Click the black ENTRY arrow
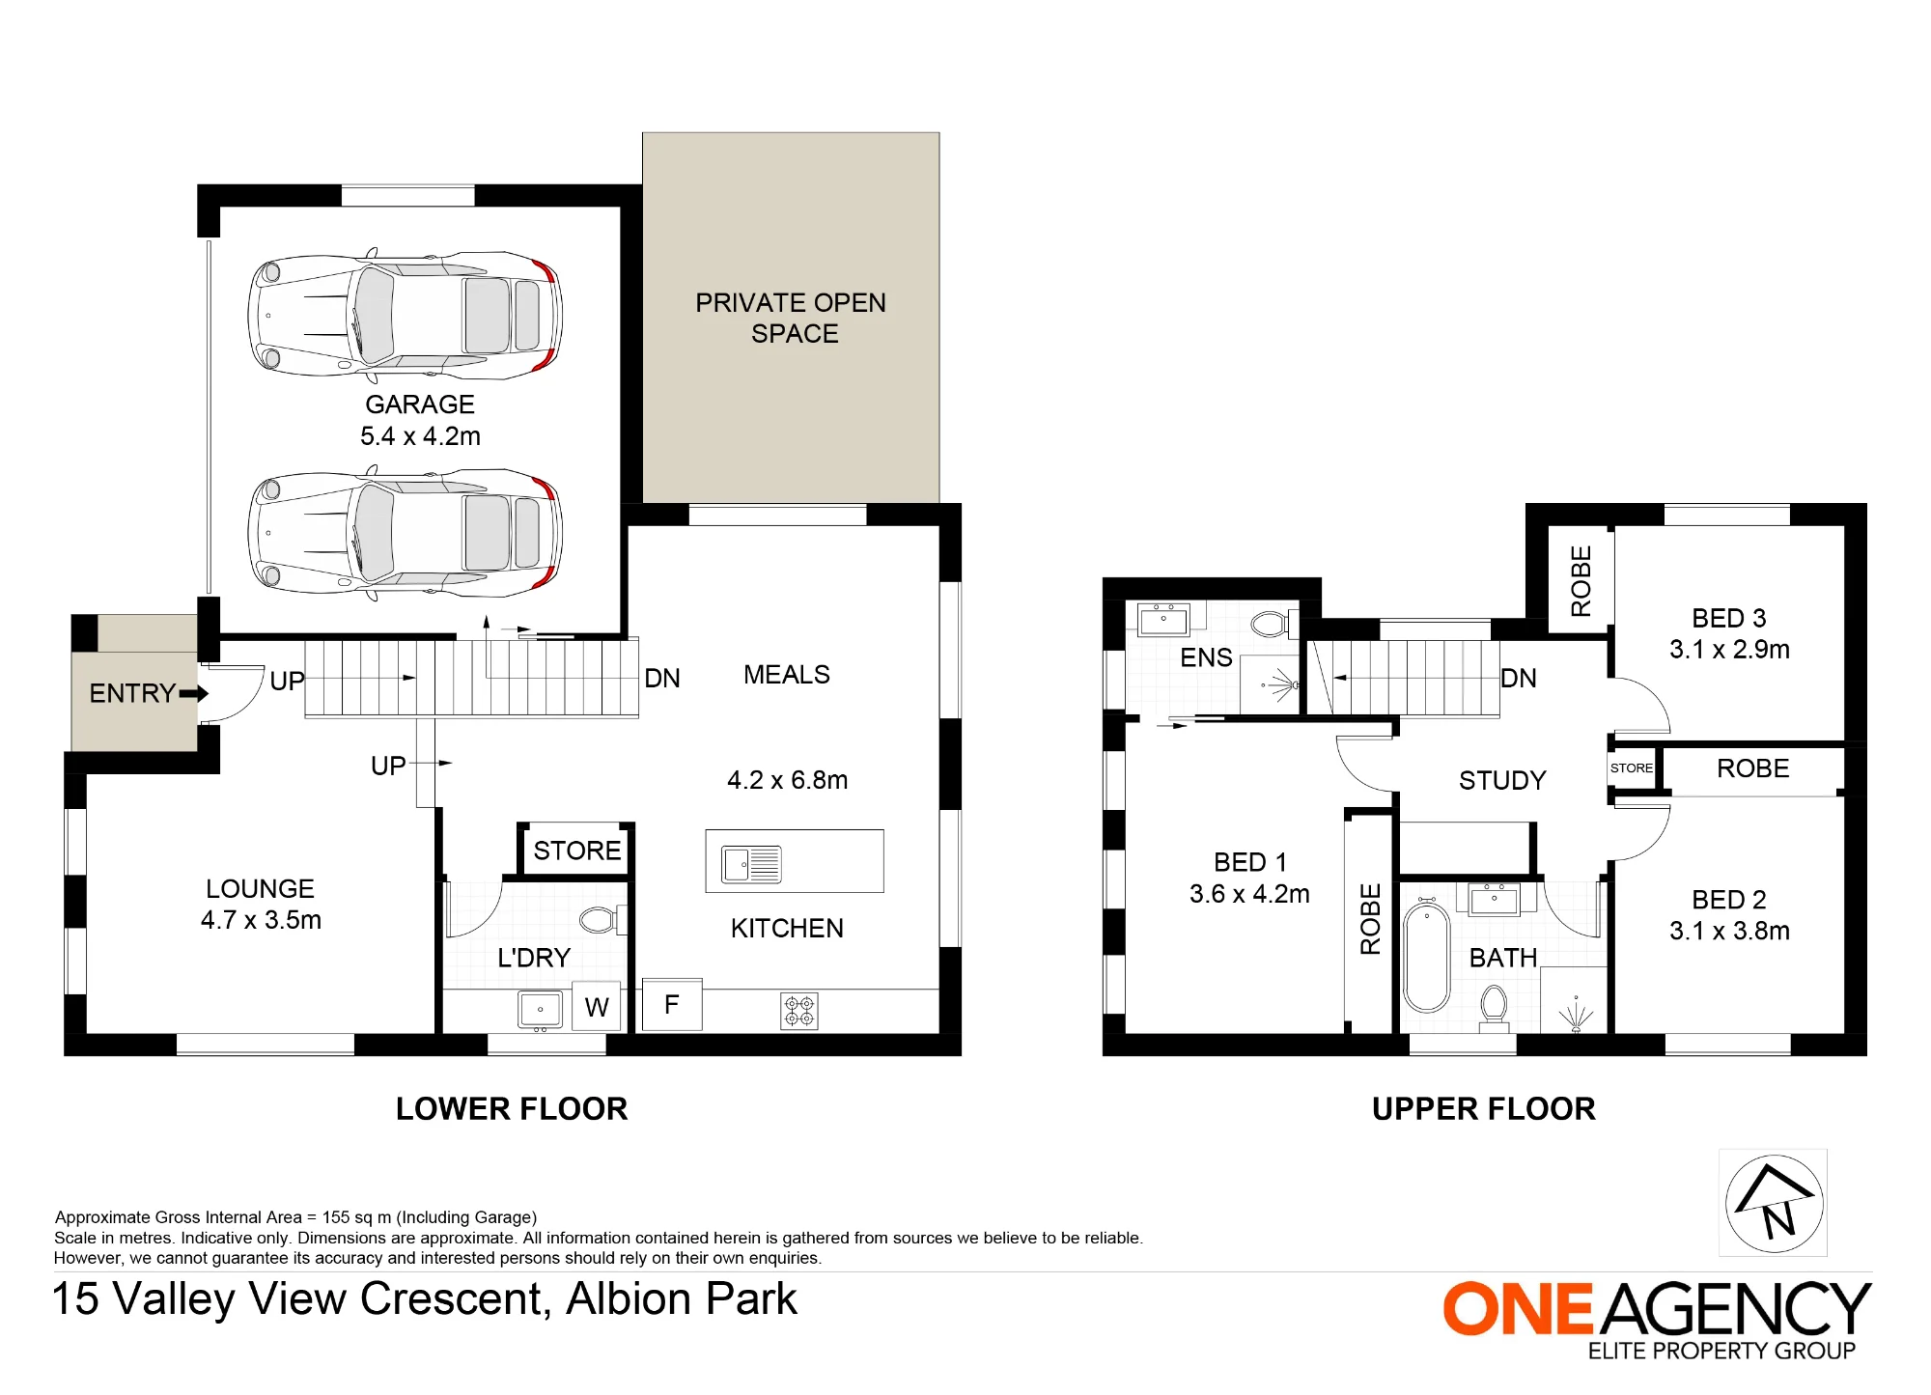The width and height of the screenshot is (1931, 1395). (194, 693)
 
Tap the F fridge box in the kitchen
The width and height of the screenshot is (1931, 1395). (672, 1005)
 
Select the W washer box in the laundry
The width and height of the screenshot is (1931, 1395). (597, 1007)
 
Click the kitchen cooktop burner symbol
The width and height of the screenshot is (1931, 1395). (799, 1011)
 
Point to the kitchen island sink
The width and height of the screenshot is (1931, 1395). (752, 864)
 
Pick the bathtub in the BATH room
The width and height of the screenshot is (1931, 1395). (1427, 957)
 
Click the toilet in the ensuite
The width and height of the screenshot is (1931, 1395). (1273, 624)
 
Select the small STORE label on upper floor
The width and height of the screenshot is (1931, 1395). (1632, 768)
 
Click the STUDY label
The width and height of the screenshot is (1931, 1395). (1502, 780)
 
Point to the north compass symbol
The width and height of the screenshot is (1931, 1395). (1774, 1203)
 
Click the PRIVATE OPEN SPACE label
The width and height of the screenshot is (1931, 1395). (792, 318)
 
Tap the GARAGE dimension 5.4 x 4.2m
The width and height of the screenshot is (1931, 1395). (420, 436)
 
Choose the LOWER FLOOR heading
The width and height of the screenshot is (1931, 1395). (512, 1108)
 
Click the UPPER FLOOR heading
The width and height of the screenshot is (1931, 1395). (1484, 1108)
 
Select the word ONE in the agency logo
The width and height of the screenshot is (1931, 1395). (1518, 1309)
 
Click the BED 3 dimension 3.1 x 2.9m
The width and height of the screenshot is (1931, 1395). (1729, 650)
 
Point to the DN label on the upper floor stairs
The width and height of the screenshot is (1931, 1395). (1519, 679)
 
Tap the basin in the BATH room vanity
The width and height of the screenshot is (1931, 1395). (1494, 900)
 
